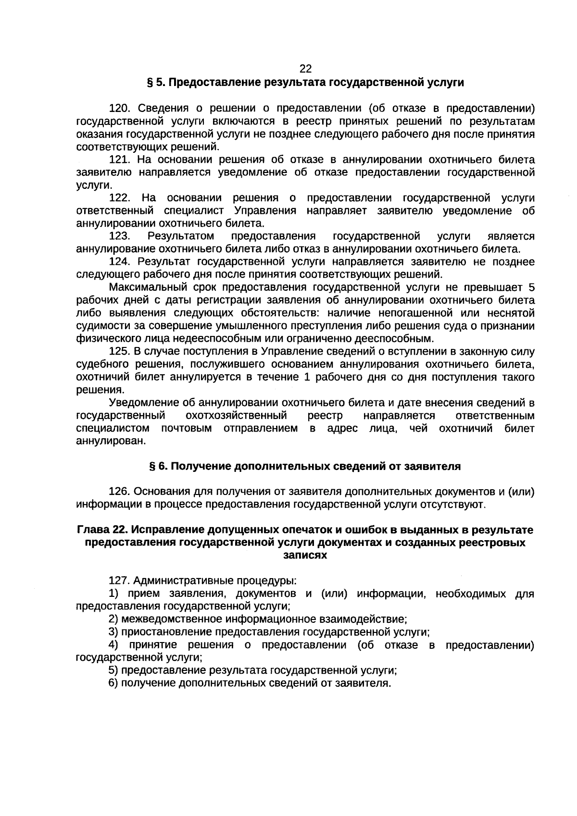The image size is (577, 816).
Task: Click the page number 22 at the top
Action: click(305, 69)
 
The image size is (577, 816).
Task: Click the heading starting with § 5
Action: click(305, 83)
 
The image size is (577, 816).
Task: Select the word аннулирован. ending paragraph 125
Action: click(111, 441)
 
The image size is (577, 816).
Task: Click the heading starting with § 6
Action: click(305, 466)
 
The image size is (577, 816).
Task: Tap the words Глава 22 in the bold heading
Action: click(101, 530)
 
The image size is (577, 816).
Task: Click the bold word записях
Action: click(305, 556)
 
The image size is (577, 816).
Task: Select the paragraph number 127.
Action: click(120, 581)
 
